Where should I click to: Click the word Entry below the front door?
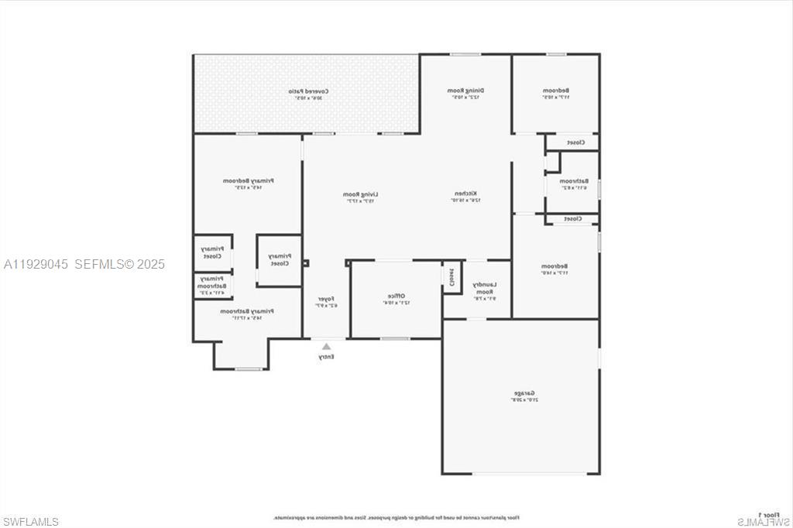point(326,358)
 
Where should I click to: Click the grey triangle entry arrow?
point(326,346)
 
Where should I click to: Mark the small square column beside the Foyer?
point(305,263)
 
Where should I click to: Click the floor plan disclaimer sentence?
point(395,516)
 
